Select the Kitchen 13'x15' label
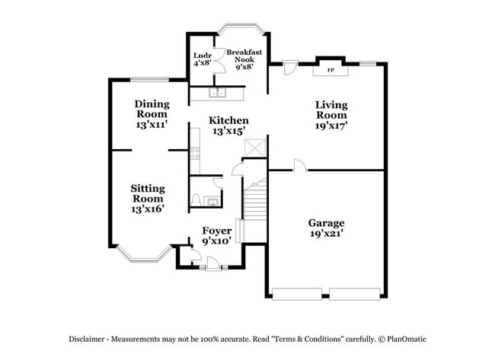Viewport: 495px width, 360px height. point(228,126)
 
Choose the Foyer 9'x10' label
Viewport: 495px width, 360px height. point(216,236)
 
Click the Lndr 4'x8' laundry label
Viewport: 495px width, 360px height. point(202,59)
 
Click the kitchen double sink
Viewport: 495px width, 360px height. point(217,94)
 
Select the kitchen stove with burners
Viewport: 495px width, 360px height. point(195,161)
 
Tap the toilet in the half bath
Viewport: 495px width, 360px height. point(197,200)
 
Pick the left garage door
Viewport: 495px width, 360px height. point(299,293)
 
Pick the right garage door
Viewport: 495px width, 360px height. point(355,293)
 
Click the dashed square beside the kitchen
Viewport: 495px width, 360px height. point(258,148)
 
